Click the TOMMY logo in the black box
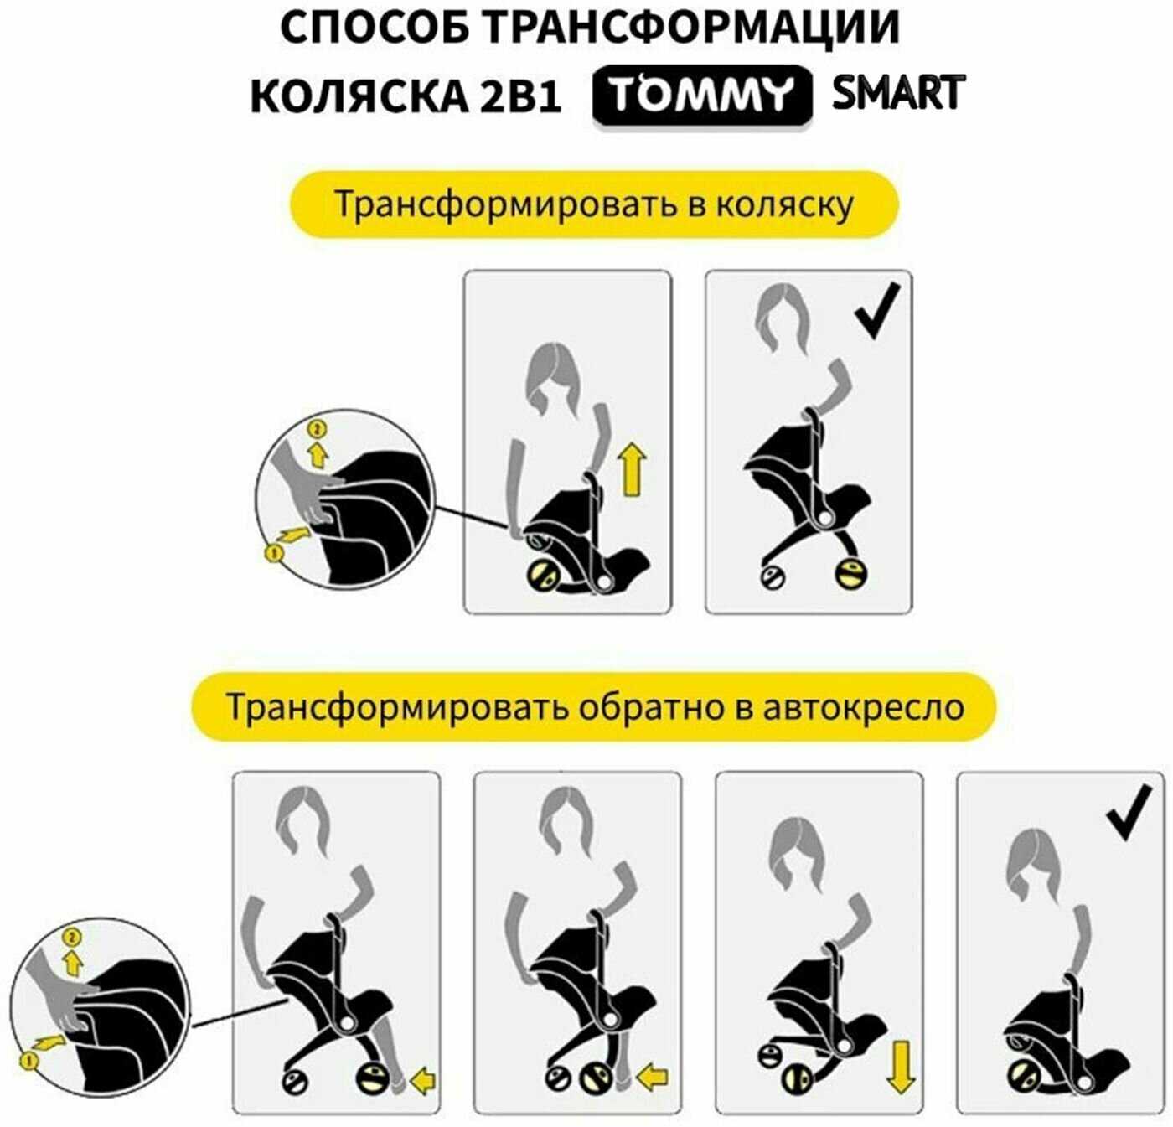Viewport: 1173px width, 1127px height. [x=702, y=95]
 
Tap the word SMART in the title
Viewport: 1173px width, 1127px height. [x=898, y=92]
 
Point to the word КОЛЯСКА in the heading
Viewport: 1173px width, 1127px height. [x=359, y=96]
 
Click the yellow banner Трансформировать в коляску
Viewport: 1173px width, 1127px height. [x=594, y=204]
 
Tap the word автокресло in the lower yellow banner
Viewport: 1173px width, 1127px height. [x=863, y=707]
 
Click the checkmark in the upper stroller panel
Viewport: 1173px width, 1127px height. [x=877, y=310]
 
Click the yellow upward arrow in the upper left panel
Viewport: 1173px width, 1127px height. [x=633, y=468]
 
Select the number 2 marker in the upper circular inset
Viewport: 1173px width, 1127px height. [x=317, y=430]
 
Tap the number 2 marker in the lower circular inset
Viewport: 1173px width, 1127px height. [x=72, y=938]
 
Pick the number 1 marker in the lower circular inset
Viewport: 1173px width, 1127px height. [x=28, y=1060]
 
